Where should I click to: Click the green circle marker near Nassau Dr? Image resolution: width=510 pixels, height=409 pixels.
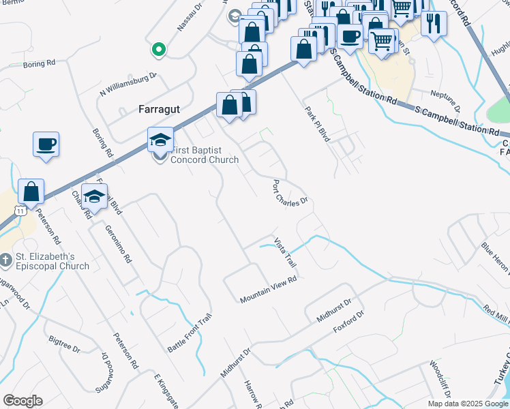click(x=158, y=49)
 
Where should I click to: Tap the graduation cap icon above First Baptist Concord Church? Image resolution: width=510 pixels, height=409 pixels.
click(x=160, y=140)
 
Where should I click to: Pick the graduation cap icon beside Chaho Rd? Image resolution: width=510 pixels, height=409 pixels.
click(x=95, y=196)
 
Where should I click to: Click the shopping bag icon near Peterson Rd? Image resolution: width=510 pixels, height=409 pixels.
click(x=31, y=192)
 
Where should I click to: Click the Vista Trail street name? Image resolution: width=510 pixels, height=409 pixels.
click(x=286, y=252)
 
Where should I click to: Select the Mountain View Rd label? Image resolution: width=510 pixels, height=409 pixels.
click(x=269, y=290)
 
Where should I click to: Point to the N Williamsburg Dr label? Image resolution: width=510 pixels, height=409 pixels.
click(x=128, y=84)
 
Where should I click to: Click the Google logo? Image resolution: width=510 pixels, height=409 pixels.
click(x=22, y=401)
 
